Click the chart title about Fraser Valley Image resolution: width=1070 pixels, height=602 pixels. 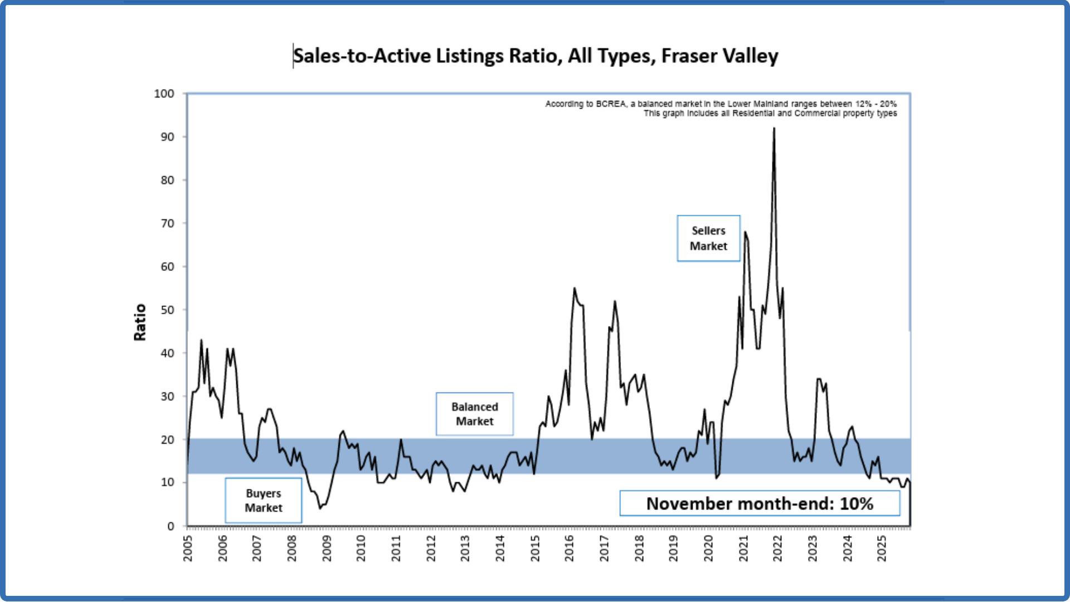click(x=536, y=56)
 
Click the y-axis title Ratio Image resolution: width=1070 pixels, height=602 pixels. click(x=140, y=322)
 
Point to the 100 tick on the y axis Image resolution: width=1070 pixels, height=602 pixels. click(x=164, y=94)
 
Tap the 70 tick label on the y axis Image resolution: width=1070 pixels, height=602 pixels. click(x=167, y=224)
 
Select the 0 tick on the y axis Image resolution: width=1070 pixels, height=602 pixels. click(x=171, y=526)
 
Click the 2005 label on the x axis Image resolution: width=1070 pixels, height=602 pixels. click(x=188, y=548)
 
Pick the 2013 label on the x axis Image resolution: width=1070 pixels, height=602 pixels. click(x=465, y=548)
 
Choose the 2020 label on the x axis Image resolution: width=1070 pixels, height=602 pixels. click(x=708, y=548)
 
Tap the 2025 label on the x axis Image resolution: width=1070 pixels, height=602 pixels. click(x=882, y=548)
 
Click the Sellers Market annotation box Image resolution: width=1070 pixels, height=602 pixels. click(x=708, y=239)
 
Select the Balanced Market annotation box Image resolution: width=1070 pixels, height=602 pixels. click(x=474, y=414)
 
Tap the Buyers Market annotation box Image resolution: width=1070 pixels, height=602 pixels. click(x=264, y=501)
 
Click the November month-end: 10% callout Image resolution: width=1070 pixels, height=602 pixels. click(x=760, y=504)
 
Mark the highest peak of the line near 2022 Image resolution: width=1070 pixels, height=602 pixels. click(x=774, y=129)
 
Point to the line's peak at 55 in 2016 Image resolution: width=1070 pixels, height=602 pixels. click(x=575, y=289)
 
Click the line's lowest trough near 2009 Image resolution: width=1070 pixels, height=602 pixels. click(x=320, y=508)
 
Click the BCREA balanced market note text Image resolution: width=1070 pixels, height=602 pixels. click(x=721, y=104)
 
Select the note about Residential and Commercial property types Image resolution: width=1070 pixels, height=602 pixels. click(x=770, y=113)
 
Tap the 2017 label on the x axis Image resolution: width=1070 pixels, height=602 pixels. click(x=604, y=548)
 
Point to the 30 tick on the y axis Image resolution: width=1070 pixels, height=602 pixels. click(x=167, y=396)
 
